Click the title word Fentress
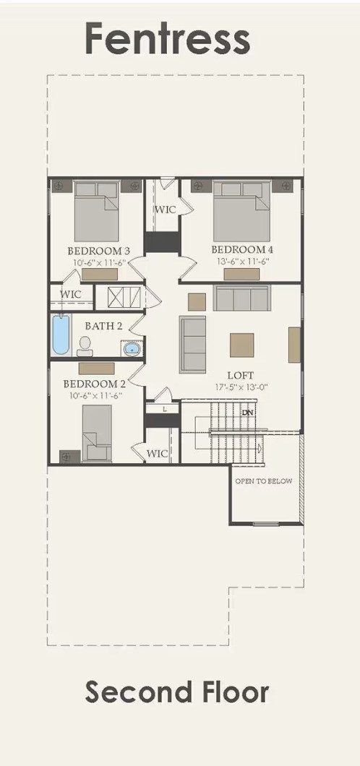[168, 38]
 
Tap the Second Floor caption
[177, 692]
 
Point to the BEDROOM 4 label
[241, 250]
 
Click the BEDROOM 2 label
[94, 384]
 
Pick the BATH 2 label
[103, 326]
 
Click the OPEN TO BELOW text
[264, 481]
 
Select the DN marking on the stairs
[248, 412]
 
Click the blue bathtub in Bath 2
[61, 334]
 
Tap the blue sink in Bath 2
[132, 350]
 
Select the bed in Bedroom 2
[96, 432]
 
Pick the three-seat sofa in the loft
[241, 297]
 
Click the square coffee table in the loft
[242, 345]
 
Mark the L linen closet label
[165, 409]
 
